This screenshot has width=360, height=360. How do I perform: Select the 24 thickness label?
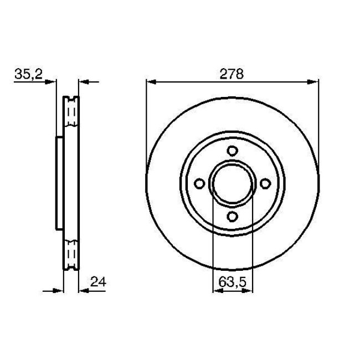[x=97, y=282]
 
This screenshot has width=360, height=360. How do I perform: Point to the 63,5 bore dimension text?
[x=233, y=282]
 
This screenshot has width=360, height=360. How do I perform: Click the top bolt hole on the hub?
[x=233, y=150]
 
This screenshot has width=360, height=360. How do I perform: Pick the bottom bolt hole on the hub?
[x=233, y=216]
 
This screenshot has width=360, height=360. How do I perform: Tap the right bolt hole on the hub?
[x=265, y=183]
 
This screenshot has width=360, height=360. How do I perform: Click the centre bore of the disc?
[x=233, y=183]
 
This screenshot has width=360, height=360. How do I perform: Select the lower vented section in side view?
[x=71, y=253]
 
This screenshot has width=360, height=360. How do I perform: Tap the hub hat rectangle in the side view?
[x=59, y=183]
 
